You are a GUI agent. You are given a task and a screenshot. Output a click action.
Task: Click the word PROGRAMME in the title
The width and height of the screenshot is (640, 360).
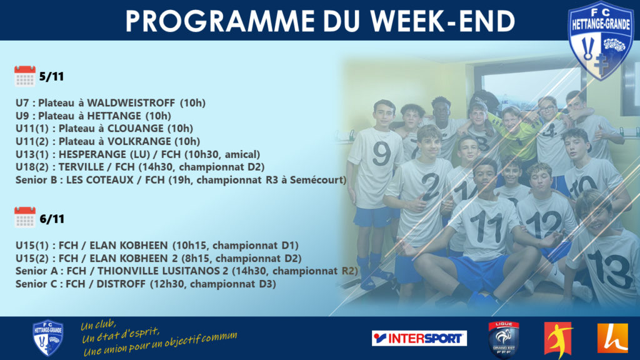pyautogui.click(x=220, y=21)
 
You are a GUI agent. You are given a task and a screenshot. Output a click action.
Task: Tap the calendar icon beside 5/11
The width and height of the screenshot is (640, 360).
pyautogui.click(x=25, y=76)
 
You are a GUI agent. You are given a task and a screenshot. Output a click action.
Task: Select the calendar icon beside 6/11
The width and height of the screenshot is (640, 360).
pyautogui.click(x=25, y=217)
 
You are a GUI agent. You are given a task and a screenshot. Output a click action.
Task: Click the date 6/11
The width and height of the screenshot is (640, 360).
pyautogui.click(x=52, y=219)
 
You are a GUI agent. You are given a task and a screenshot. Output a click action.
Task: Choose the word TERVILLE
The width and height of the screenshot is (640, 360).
pyautogui.click(x=81, y=167)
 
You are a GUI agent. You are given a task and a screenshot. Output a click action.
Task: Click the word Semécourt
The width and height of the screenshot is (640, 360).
pyautogui.click(x=317, y=180)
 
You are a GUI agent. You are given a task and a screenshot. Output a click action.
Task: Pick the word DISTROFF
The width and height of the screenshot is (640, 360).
pyautogui.click(x=121, y=284)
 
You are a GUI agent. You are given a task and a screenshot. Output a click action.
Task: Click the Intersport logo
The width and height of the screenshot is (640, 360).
pyautogui.click(x=419, y=338)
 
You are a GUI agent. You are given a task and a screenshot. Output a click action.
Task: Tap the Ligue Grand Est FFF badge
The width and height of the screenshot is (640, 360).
pyautogui.click(x=504, y=339)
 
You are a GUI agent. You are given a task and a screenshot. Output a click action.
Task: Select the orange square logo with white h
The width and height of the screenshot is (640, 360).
pyautogui.click(x=612, y=338)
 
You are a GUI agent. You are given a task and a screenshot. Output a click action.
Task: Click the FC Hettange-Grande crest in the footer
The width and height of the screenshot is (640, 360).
pyautogui.click(x=47, y=337)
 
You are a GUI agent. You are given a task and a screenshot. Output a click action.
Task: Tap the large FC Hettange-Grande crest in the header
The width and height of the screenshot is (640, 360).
pyautogui.click(x=601, y=40)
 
